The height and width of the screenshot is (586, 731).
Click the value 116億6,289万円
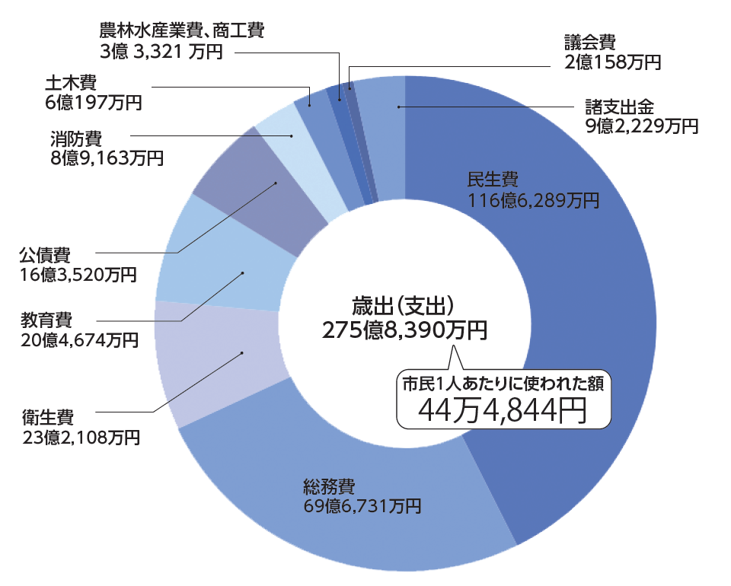tap(533, 201)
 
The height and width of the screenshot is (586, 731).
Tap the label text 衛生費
tap(47, 417)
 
